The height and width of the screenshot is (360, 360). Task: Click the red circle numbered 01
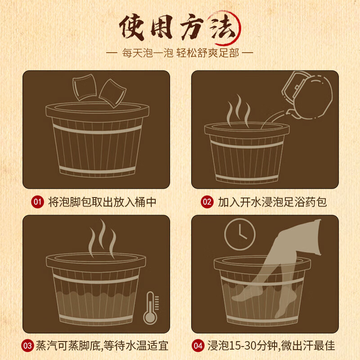tap(37, 202)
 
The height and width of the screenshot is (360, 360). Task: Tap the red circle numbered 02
tap(207, 202)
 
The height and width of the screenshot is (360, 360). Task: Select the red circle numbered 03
tap(28, 346)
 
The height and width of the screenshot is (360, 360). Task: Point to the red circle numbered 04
tap(198, 346)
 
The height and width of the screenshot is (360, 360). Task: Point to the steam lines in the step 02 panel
tap(238, 110)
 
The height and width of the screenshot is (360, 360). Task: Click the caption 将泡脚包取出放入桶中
tap(102, 202)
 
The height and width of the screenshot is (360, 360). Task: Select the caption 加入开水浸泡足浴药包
tap(272, 202)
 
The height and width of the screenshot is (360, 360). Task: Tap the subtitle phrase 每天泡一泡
tap(147, 53)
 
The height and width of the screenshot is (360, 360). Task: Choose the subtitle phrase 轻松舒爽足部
tap(209, 53)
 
